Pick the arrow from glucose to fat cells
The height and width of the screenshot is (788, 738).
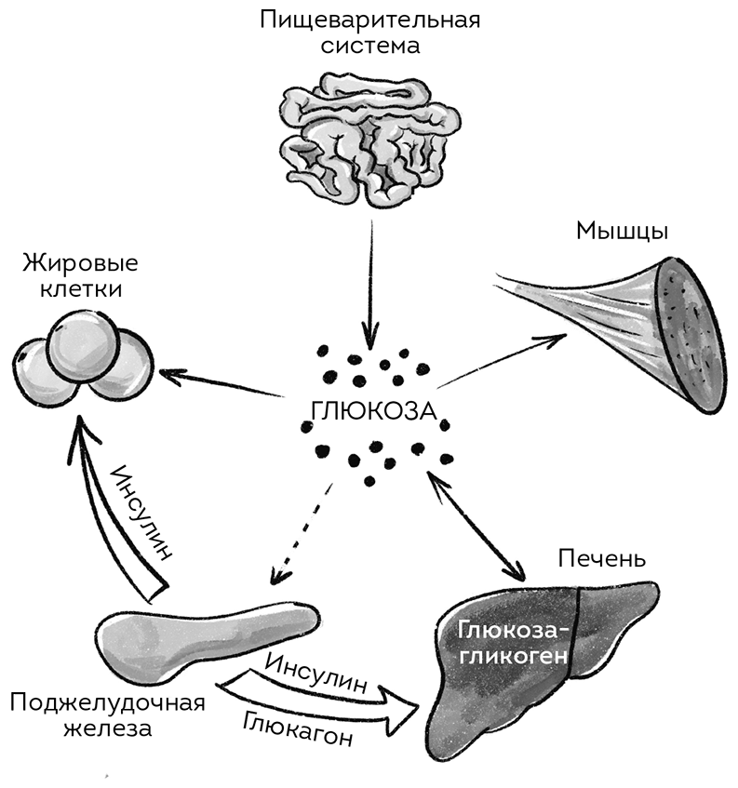tap(223, 386)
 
